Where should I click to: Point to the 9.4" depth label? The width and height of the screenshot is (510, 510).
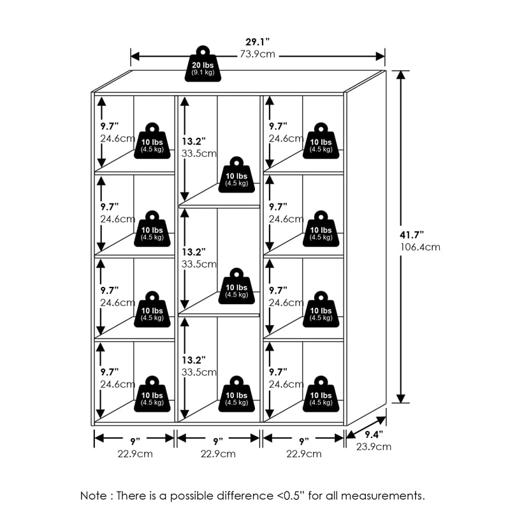click(x=375, y=435)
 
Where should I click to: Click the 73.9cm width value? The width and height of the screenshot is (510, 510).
click(x=258, y=54)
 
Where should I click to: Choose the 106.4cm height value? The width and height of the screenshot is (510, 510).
click(x=419, y=247)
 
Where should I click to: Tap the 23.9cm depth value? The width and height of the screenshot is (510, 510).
click(x=374, y=446)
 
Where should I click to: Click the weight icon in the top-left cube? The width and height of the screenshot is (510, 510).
click(x=152, y=140)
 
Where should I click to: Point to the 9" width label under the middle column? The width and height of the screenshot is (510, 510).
click(x=218, y=441)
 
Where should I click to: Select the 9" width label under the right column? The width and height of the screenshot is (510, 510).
click(x=303, y=441)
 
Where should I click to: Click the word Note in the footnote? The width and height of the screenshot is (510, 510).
click(x=93, y=495)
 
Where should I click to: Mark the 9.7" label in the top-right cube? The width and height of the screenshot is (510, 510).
click(x=278, y=126)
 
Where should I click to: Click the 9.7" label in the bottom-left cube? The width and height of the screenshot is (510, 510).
click(x=110, y=371)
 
